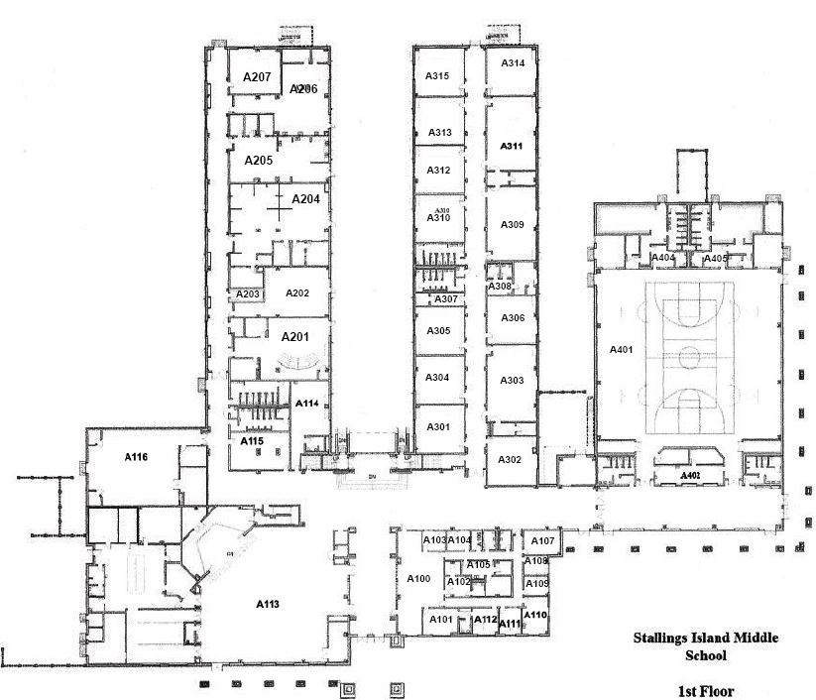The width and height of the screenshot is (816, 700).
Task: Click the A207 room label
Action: click(257, 76)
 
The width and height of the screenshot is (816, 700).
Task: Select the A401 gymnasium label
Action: click(621, 349)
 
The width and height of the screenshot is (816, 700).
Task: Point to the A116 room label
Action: click(136, 457)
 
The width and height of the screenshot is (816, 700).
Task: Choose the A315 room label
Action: click(438, 76)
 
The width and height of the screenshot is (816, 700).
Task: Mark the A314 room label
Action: click(513, 62)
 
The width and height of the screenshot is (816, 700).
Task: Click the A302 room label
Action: click(510, 460)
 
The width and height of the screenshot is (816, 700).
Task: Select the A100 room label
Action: click(418, 578)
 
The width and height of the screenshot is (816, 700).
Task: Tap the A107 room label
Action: click(542, 541)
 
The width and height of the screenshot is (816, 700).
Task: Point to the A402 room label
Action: click(690, 476)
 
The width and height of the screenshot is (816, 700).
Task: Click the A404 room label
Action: click(662, 258)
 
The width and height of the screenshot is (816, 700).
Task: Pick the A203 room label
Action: click(247, 294)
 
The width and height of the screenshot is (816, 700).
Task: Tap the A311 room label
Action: click(512, 146)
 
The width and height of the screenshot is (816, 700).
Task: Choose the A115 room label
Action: click(252, 440)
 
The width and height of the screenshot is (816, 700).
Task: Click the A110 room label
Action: click(535, 616)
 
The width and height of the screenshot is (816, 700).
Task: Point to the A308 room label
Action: click(499, 286)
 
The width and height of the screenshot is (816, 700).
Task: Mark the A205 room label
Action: click(258, 160)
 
